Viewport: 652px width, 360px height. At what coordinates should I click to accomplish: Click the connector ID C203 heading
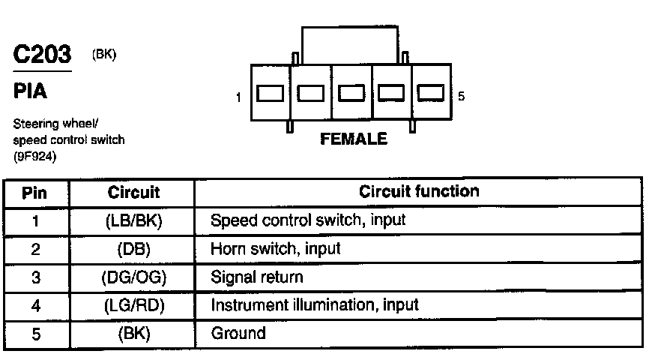(x=42, y=55)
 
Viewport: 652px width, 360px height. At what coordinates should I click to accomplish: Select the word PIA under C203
(x=30, y=91)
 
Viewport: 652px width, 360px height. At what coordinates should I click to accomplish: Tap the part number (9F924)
(x=36, y=157)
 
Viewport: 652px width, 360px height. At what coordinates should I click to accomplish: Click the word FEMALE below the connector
(x=354, y=139)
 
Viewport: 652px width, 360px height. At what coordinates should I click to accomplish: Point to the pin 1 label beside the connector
(x=238, y=97)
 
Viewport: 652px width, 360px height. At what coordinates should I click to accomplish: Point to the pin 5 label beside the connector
(x=461, y=97)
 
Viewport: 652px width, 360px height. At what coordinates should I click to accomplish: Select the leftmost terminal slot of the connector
(x=269, y=93)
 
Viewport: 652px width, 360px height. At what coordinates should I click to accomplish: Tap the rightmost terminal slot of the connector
(x=431, y=93)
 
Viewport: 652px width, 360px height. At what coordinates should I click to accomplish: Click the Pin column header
(x=34, y=193)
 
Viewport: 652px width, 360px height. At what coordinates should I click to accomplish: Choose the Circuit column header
(x=133, y=193)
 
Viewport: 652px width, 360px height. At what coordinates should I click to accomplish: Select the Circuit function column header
(x=418, y=191)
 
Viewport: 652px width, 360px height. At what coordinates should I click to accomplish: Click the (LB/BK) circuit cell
(x=133, y=221)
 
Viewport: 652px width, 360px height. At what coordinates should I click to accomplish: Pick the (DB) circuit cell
(x=133, y=249)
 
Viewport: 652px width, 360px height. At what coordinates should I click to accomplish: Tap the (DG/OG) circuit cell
(x=133, y=277)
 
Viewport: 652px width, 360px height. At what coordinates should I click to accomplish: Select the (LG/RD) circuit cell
(x=133, y=305)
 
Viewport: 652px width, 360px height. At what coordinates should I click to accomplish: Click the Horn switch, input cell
(x=276, y=249)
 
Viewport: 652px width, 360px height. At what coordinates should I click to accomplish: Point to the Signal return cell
(x=257, y=277)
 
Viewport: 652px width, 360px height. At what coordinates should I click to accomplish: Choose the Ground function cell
(x=238, y=332)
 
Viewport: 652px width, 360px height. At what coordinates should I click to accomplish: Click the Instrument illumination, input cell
(x=315, y=305)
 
